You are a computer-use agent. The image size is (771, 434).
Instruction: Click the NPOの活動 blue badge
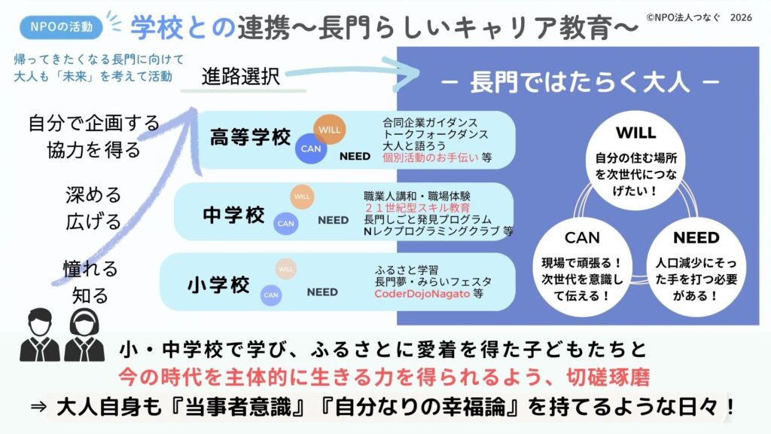[x=61, y=26]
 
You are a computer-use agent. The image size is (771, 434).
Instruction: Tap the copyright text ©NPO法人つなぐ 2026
[x=699, y=17]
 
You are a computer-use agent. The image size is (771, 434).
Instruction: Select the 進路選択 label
[x=240, y=76]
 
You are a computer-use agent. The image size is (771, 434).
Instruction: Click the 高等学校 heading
[x=250, y=137]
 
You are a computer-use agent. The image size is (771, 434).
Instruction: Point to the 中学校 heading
[x=233, y=215]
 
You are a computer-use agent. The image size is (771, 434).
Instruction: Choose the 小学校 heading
[x=218, y=284]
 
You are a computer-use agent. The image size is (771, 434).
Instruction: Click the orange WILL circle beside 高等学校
[x=330, y=130]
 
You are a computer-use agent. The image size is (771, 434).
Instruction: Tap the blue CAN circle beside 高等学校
[x=311, y=148]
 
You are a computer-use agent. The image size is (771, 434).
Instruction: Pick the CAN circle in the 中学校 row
[x=285, y=223]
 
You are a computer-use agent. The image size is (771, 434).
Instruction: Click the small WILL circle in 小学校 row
[x=285, y=269]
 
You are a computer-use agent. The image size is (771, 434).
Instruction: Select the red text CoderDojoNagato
[x=422, y=294]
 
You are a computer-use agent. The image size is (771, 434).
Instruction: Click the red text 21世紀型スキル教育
[x=417, y=208]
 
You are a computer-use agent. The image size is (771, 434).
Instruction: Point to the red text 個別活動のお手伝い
[x=430, y=157]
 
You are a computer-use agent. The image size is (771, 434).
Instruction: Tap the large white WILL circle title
[x=635, y=133]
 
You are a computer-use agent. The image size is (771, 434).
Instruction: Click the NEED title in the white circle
[x=696, y=237]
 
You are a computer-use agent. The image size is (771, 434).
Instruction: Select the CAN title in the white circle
[x=582, y=237]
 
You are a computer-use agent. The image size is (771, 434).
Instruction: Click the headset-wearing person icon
[x=84, y=335]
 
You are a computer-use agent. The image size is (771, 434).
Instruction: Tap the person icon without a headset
[x=40, y=335]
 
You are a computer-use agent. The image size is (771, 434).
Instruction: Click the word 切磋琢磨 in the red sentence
[x=608, y=377]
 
